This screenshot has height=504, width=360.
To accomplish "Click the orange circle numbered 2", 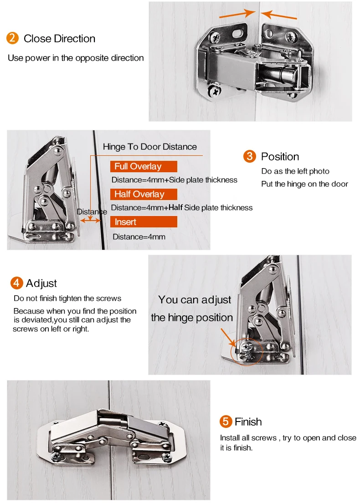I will click(x=13, y=38).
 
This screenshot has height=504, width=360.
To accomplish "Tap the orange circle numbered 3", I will click(x=250, y=156).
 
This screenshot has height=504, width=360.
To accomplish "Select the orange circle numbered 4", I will click(x=17, y=283).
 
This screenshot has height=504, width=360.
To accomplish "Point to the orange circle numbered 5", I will click(x=226, y=422).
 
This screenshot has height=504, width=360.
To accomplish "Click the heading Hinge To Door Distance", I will click(x=150, y=147).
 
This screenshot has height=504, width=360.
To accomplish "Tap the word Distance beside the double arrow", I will click(x=92, y=211).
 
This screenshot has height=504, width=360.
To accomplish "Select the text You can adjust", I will click(x=195, y=300).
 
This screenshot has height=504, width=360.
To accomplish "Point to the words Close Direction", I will click(x=59, y=39).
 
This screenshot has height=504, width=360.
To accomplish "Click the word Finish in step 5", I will click(x=248, y=422).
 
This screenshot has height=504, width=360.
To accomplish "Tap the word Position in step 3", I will click(x=280, y=157).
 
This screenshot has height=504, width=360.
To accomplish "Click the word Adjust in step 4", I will click(x=41, y=283).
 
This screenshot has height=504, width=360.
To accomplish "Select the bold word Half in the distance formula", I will click(x=175, y=207).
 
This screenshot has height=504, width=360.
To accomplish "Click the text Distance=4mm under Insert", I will click(x=139, y=237).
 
